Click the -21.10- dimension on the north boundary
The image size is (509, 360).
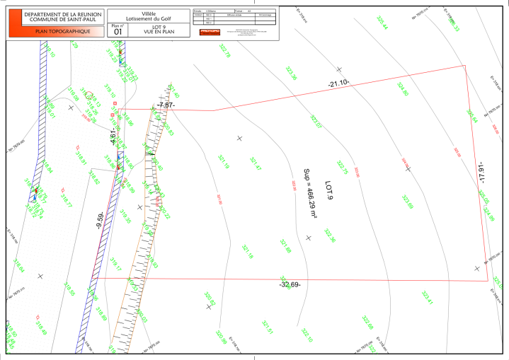(x=338, y=83)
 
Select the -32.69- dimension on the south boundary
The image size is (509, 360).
(x=290, y=285)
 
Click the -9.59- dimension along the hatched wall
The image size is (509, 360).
(x=103, y=221)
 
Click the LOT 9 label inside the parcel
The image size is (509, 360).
(x=328, y=190)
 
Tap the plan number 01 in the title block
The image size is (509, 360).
(x=118, y=31)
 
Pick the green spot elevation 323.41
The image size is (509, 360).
(x=427, y=298)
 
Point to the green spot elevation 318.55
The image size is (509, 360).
(x=125, y=216)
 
